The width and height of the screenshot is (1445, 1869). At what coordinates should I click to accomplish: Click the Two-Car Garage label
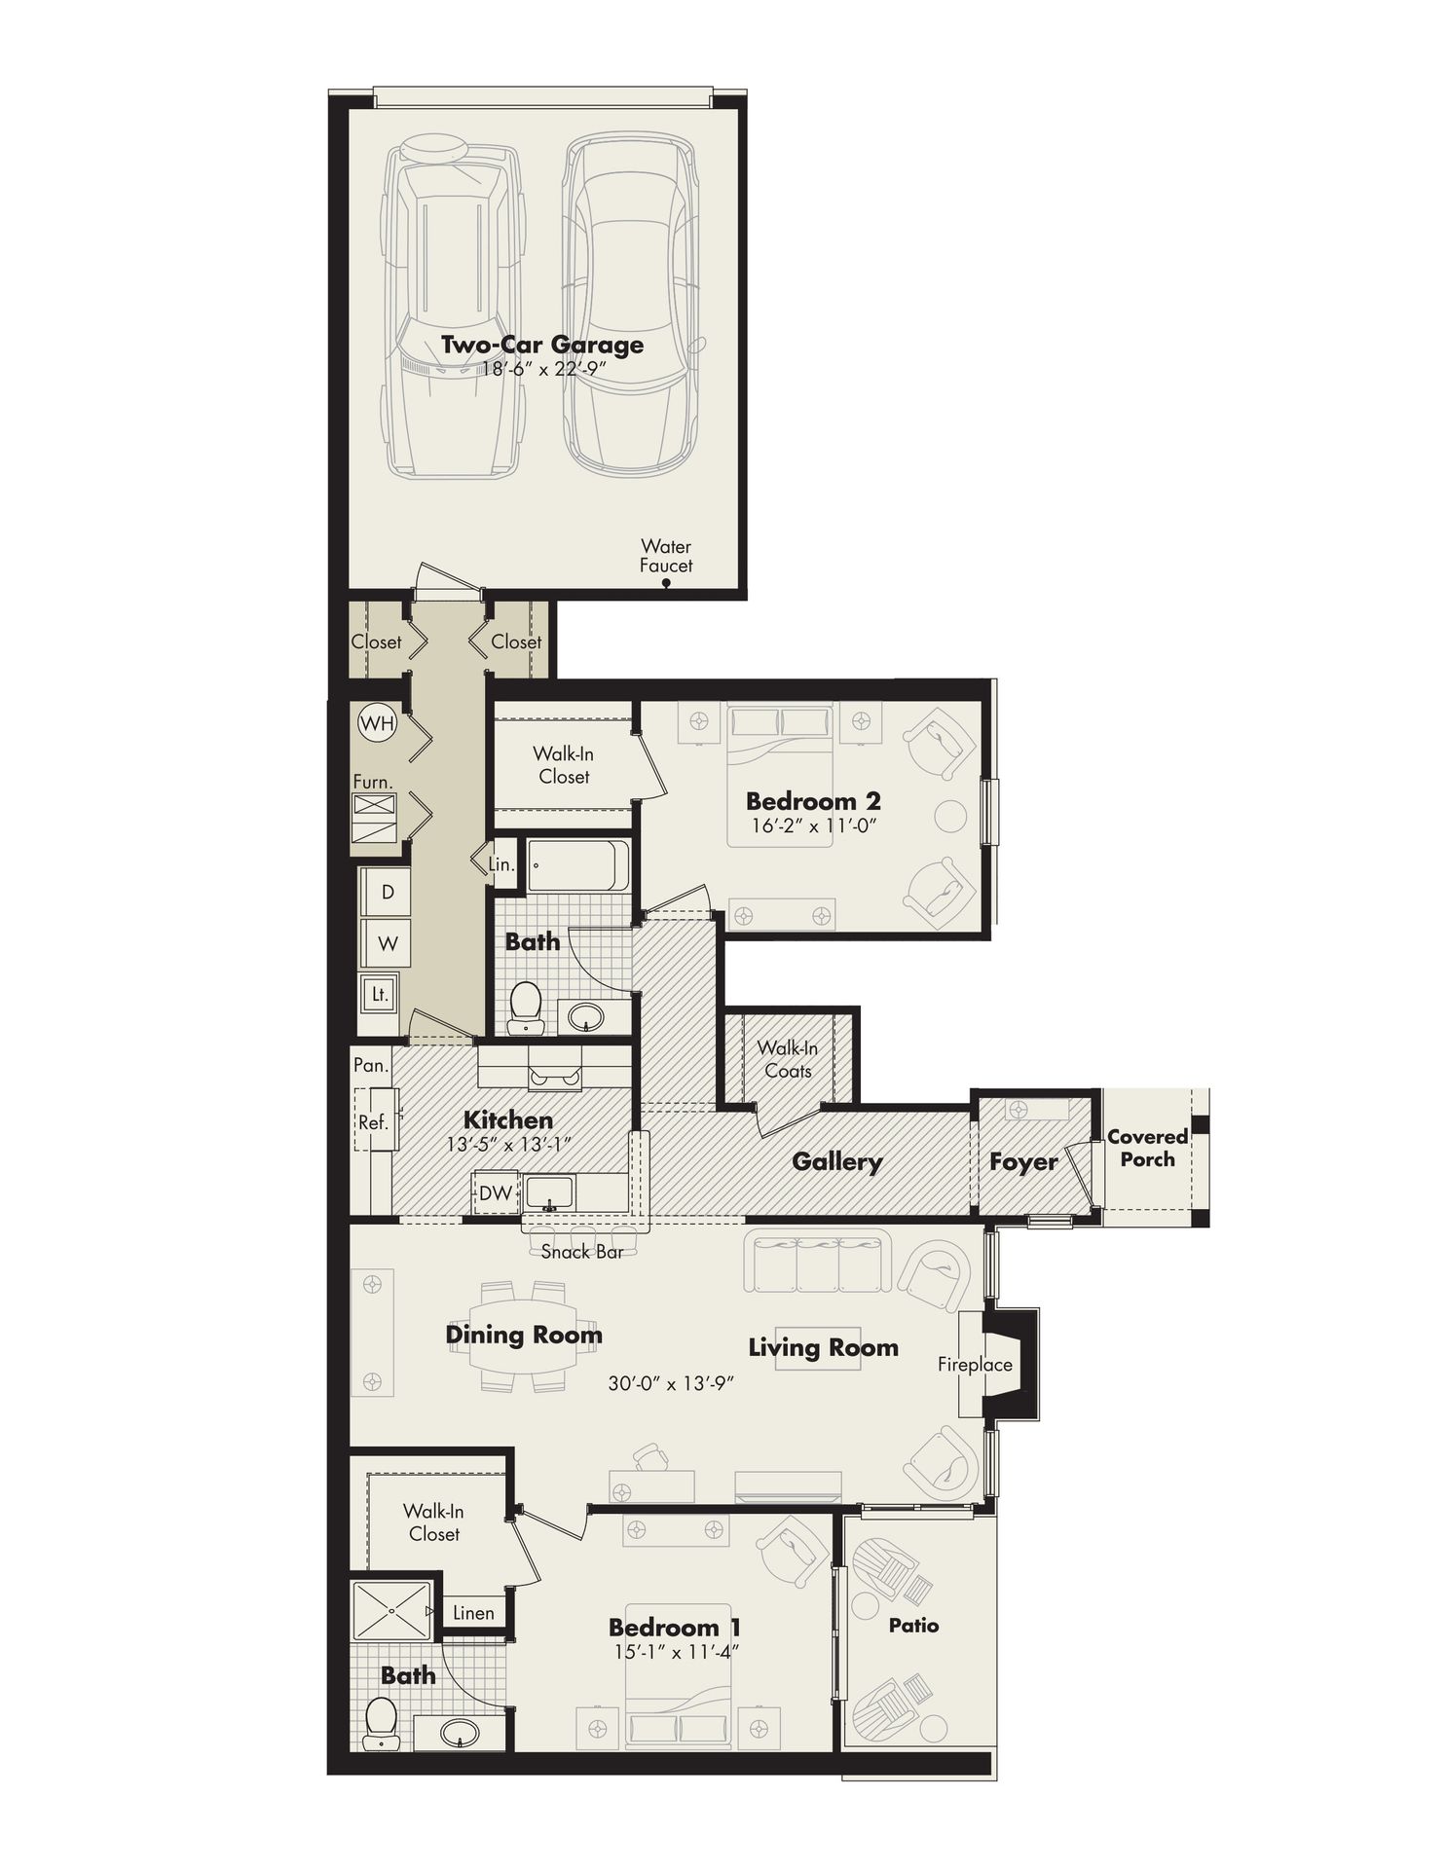point(542,345)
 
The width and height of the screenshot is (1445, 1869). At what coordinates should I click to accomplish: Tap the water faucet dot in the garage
point(666,584)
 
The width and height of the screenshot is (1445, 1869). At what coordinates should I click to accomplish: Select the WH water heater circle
point(377,723)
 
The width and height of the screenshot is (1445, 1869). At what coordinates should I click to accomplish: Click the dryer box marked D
point(387,892)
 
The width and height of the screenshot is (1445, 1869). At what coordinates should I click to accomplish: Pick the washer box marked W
point(387,942)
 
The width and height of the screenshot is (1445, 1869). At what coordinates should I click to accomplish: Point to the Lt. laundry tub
point(379,994)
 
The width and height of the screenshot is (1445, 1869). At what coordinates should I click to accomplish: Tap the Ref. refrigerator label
point(373,1121)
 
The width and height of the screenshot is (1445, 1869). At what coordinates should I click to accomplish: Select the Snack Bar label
point(581,1252)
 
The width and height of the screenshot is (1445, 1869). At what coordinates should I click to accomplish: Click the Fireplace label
point(975,1364)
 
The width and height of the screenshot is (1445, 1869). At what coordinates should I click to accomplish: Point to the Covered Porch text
point(1147,1148)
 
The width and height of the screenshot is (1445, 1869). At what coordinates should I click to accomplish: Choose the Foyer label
point(1023,1161)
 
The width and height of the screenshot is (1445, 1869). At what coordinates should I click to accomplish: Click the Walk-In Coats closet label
point(788,1059)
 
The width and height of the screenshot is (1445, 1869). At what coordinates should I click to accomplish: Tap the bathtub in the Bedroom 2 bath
point(577,865)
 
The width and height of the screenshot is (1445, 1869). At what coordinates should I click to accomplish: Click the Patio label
point(913,1625)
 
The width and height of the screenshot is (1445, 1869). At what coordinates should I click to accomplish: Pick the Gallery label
point(836,1161)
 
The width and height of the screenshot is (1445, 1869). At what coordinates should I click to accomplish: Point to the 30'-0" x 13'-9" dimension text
point(670,1382)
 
